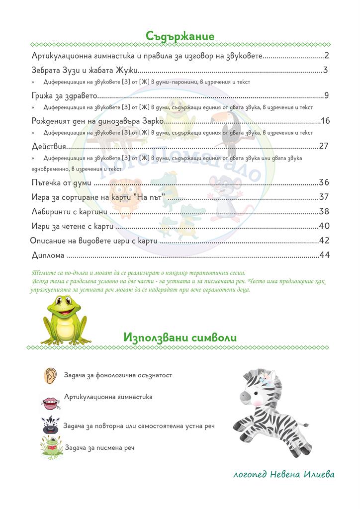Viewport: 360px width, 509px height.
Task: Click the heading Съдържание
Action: click(180, 36)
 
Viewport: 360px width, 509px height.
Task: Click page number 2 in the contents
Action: click(326, 55)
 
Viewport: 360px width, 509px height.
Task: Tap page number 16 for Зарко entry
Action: click(325, 121)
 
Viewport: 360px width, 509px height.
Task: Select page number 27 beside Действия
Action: click(324, 146)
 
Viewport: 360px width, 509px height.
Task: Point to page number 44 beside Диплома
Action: click(325, 255)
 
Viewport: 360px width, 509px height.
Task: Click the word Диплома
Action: click(48, 255)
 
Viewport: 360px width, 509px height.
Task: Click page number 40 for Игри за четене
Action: click(324, 226)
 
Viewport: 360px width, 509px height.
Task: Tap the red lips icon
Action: click(49, 400)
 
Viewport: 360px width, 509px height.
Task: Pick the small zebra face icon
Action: click(50, 425)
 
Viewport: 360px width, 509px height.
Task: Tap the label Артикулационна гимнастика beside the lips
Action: click(108, 397)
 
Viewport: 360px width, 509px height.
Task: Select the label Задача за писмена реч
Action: click(99, 447)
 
